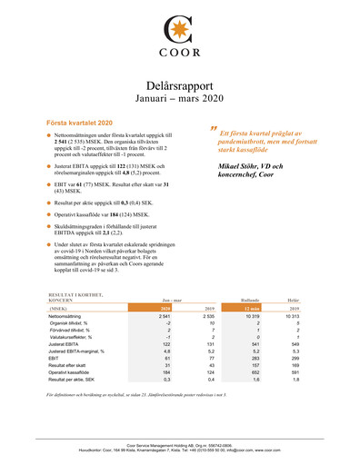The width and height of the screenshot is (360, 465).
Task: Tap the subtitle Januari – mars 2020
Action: pyautogui.click(x=179, y=95)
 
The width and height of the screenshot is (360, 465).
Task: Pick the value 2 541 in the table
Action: pyautogui.click(x=165, y=316)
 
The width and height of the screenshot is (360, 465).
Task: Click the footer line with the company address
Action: pyautogui.click(x=179, y=450)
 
